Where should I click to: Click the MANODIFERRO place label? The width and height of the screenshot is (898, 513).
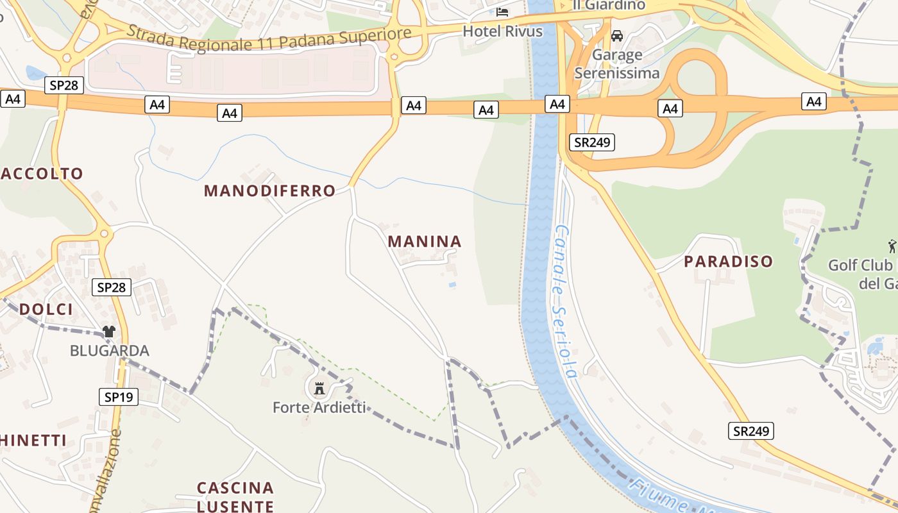269,190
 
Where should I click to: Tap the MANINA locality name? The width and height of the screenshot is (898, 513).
425,242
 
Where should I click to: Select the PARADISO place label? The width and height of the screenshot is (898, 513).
728,262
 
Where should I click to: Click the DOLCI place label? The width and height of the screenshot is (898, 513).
46,309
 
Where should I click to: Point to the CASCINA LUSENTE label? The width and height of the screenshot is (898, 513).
235,497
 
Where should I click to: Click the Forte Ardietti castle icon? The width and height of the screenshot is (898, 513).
319,388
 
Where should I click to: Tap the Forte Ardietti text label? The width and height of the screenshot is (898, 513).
319,407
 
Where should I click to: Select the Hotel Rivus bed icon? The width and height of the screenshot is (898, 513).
502,12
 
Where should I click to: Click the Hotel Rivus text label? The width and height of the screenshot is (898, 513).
502,31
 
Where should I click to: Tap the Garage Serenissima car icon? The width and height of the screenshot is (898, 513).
617,35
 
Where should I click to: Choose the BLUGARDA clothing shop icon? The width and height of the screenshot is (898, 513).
108,332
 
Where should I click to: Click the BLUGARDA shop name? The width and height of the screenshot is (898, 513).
109,351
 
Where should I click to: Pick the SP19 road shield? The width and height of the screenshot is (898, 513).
119,397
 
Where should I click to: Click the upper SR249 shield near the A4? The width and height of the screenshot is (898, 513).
591,142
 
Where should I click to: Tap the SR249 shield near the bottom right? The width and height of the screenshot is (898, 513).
750,431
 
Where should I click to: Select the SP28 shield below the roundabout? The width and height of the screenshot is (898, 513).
111,287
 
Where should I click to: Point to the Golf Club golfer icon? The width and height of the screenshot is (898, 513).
892,246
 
